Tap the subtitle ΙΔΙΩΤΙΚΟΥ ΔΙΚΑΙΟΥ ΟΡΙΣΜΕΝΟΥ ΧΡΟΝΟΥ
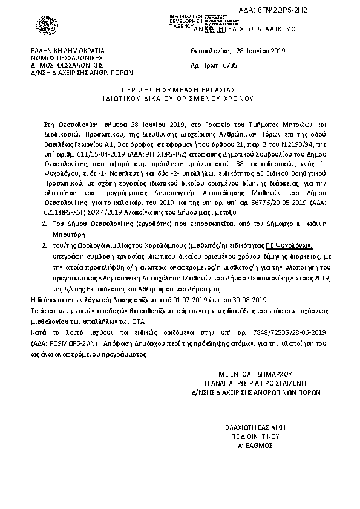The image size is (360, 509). (179, 97)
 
